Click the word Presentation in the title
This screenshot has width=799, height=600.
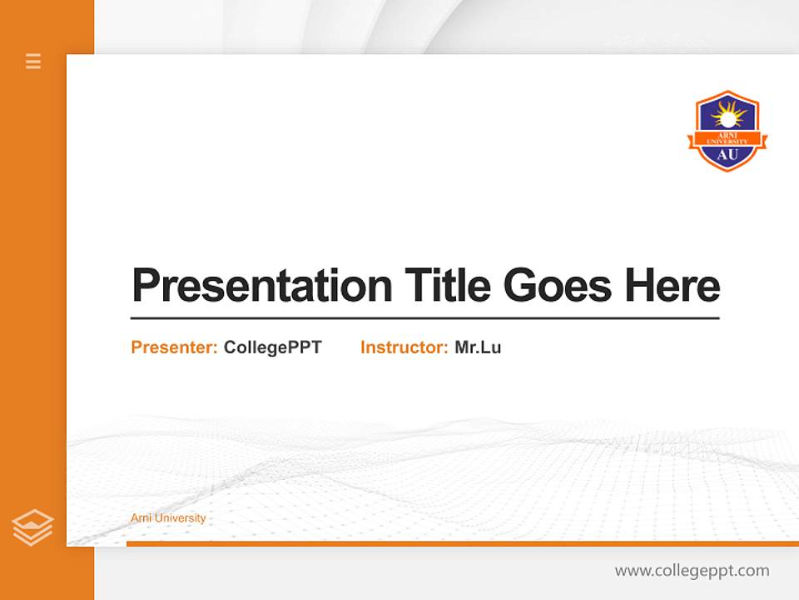(262, 286)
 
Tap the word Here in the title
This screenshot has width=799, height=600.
(672, 286)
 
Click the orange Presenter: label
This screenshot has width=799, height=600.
(174, 347)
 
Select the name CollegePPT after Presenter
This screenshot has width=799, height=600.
(272, 347)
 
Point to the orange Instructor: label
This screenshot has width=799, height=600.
(404, 347)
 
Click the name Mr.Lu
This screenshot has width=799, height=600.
(478, 347)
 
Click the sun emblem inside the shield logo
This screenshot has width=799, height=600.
(727, 114)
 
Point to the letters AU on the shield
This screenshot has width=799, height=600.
(727, 154)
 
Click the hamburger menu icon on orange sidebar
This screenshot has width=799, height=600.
(33, 61)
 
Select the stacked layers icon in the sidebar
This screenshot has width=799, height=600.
(32, 527)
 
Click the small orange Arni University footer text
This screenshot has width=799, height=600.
(168, 518)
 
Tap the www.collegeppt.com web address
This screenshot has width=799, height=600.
(692, 571)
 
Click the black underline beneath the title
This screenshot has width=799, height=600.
(424, 317)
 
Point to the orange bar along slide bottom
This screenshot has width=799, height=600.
(462, 543)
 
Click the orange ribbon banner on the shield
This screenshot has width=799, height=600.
(727, 138)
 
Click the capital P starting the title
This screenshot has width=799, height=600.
(146, 286)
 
